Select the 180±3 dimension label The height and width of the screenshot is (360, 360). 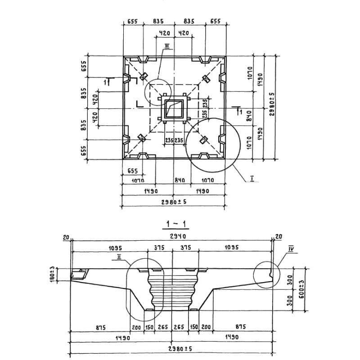[52, 273]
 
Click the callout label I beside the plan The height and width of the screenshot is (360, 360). [252, 179]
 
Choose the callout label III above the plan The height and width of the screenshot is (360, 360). [166, 45]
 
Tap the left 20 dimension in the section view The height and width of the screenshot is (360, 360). [66, 237]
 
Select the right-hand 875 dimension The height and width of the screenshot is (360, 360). [241, 328]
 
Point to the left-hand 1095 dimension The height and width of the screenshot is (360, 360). [116, 247]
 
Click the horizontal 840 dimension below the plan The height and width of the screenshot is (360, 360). [179, 180]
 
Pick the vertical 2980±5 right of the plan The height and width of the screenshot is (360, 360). [272, 104]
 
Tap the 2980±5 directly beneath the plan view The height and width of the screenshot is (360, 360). [174, 202]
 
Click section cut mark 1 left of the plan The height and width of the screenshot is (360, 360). [106, 81]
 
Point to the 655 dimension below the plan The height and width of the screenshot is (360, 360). [132, 171]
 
